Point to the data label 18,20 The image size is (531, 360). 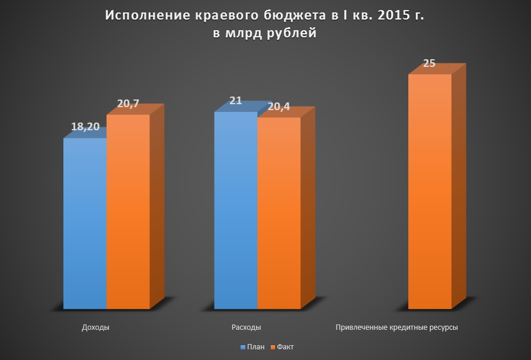pyautogui.click(x=85, y=127)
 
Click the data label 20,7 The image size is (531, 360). pyautogui.click(x=128, y=104)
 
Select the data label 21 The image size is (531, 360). pyautogui.click(x=235, y=101)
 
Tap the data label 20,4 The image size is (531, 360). pyautogui.click(x=279, y=107)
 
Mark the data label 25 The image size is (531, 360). pyautogui.click(x=430, y=63)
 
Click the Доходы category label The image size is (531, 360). pyautogui.click(x=95, y=327)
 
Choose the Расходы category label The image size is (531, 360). pyautogui.click(x=245, y=327)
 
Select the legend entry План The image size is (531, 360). pyautogui.click(x=256, y=346)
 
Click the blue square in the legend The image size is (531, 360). pyautogui.click(x=242, y=346)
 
